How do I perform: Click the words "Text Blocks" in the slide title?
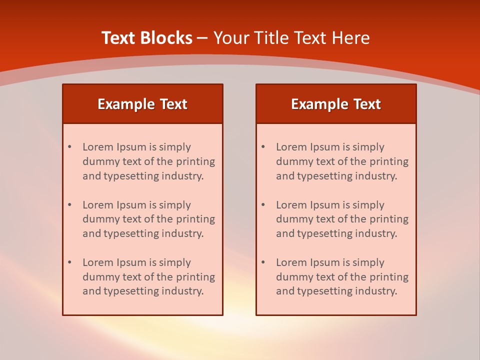click(x=147, y=38)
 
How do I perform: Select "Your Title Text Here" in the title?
click(x=291, y=38)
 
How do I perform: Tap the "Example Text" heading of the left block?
click(x=142, y=104)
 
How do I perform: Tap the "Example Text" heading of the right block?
click(x=336, y=104)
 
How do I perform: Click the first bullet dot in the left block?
click(x=69, y=147)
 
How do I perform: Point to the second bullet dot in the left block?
click(x=69, y=205)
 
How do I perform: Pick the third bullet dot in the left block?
click(x=69, y=262)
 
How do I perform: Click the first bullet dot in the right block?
click(x=263, y=147)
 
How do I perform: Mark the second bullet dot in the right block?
click(x=263, y=205)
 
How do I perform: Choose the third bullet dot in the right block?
click(x=263, y=262)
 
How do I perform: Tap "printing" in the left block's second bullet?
click(x=195, y=219)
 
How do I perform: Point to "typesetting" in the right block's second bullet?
click(x=325, y=233)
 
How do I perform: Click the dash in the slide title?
click(x=202, y=38)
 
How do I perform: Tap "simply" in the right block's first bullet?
click(x=368, y=147)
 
